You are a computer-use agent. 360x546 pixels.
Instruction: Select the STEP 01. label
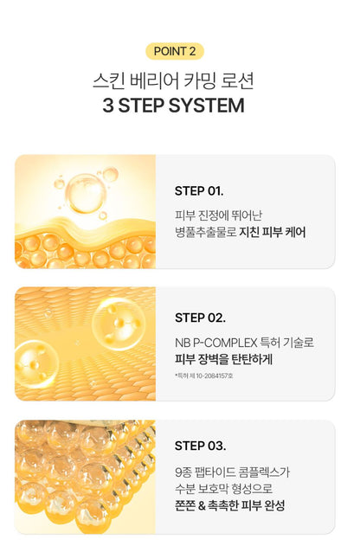(x=199, y=190)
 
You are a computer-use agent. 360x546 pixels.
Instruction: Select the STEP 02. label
(x=200, y=318)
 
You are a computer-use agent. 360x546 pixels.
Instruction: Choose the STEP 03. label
(x=200, y=446)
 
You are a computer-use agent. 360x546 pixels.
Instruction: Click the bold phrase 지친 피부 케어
(x=273, y=232)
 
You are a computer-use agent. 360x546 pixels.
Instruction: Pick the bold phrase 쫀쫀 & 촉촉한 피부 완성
(x=229, y=505)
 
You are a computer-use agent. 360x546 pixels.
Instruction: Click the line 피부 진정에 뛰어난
(x=215, y=215)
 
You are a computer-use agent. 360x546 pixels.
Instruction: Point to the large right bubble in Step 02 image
(x=118, y=322)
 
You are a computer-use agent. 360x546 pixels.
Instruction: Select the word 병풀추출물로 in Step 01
(x=204, y=232)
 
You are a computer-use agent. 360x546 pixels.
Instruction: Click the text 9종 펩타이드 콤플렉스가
(x=231, y=471)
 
